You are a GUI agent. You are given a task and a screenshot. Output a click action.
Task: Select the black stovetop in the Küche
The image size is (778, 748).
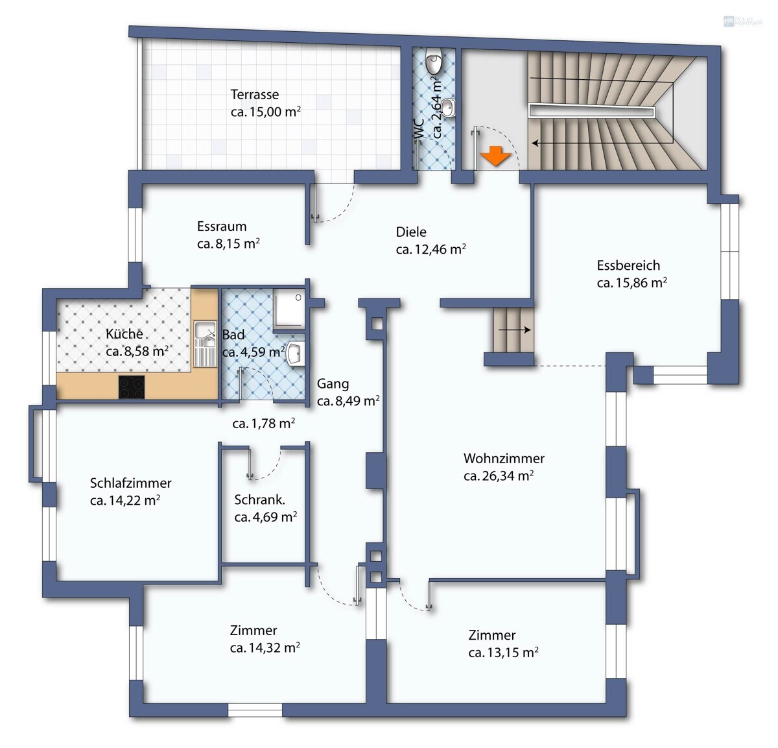tap(132, 387)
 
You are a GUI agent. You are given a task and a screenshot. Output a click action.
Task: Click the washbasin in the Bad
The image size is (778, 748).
tap(296, 354)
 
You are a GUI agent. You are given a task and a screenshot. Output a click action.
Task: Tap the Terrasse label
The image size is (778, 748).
tap(255, 95)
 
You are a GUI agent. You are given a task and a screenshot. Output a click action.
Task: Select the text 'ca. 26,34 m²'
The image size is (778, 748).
tap(499, 476)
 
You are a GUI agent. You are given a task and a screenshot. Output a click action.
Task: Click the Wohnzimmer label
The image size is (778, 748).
tap(504, 458)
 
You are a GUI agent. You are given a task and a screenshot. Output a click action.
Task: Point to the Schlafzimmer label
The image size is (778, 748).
tap(130, 483)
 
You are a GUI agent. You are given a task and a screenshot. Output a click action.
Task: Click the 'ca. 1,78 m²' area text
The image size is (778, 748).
tap(264, 424)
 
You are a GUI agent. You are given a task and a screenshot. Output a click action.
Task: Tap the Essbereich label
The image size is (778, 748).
tap(628, 265)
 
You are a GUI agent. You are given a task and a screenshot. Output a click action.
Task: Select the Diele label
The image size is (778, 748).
tap(411, 232)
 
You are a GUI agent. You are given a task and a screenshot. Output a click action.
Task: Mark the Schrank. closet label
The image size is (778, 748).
tap(259, 500)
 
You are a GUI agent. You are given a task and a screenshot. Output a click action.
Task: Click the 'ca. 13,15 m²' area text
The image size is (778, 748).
tap(503, 653)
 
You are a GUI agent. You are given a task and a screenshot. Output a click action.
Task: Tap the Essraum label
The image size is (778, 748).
tap(222, 226)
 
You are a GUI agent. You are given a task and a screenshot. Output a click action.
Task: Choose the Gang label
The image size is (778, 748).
tap(333, 383)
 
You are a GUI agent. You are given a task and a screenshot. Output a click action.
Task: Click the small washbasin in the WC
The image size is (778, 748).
tap(449, 108)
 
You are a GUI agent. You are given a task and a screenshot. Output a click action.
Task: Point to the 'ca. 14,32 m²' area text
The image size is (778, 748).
tap(265, 647)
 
